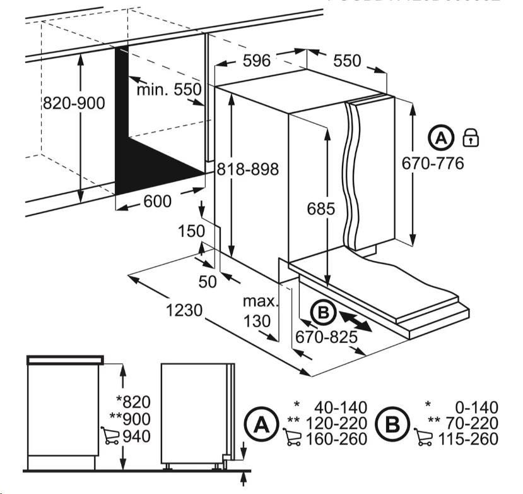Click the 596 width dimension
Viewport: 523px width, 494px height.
[x=256, y=61]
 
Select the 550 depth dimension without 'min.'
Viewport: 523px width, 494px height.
[x=347, y=61]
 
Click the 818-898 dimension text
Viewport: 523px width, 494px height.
[x=247, y=169]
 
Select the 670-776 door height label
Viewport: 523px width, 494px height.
[x=433, y=164]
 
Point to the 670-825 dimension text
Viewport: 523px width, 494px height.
[x=327, y=336]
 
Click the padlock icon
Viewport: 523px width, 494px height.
[x=471, y=136]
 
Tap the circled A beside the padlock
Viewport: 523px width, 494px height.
[x=441, y=137]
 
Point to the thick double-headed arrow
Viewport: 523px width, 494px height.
[x=354, y=318]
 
